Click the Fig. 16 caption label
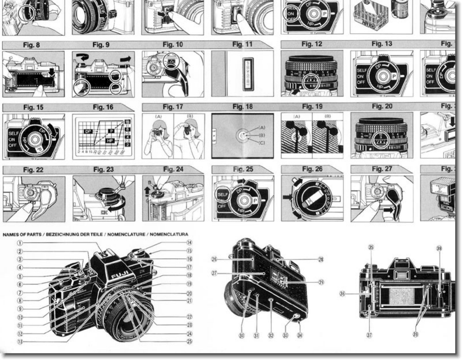(x=103, y=107)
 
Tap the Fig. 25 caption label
(x=243, y=169)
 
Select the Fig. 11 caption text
(x=242, y=44)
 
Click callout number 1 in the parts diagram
(x=20, y=243)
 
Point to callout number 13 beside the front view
(x=20, y=342)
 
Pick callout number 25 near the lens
(x=189, y=342)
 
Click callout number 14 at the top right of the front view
(x=189, y=243)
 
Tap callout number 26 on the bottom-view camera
(x=214, y=259)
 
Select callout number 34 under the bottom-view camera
(x=300, y=335)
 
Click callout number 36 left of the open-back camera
(x=342, y=294)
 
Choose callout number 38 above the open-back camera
(x=439, y=248)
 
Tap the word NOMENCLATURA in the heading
(x=169, y=234)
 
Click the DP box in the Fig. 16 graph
(x=88, y=131)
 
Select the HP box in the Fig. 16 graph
(x=110, y=140)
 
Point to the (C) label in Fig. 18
(x=262, y=143)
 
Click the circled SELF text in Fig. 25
(x=222, y=195)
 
